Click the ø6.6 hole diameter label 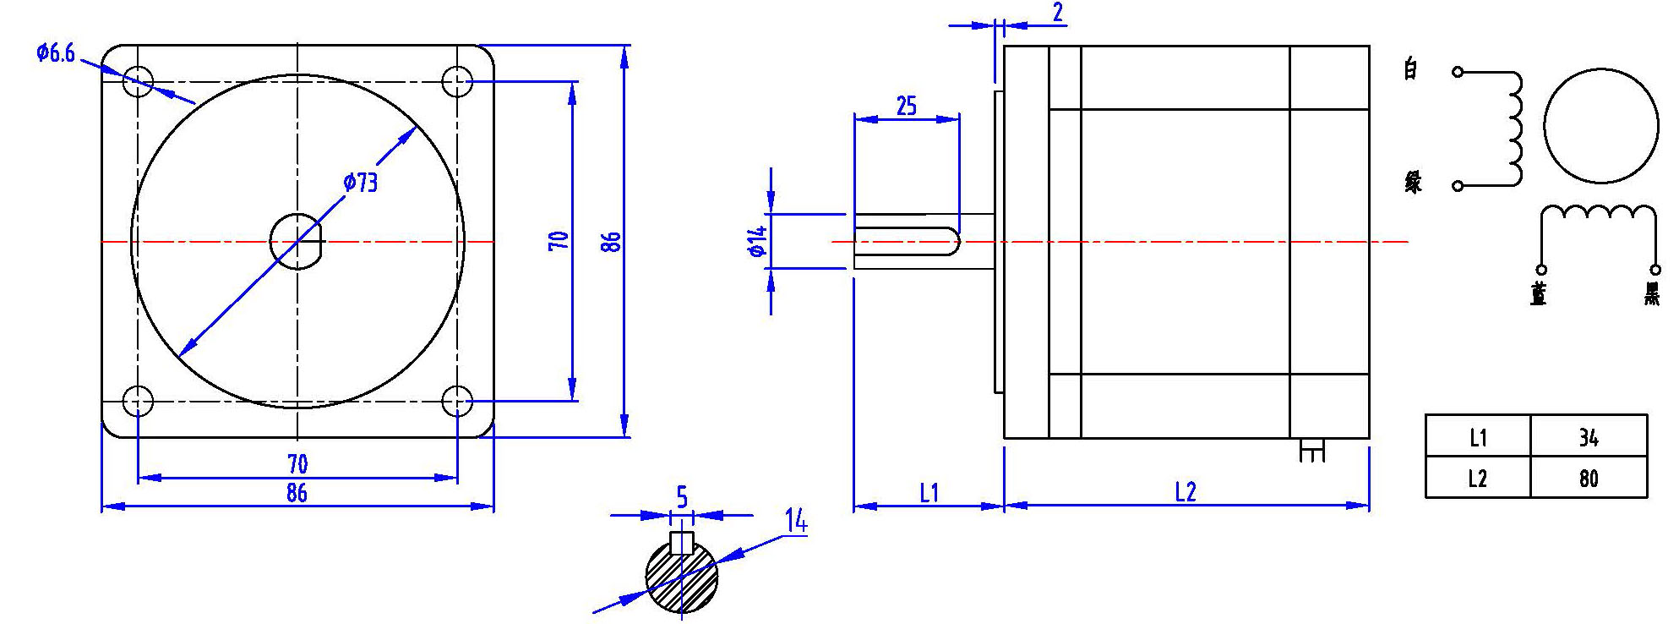56,53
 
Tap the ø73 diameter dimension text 361,182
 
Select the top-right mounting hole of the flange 457,82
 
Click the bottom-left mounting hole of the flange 138,401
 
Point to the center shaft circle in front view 297,242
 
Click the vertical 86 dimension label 612,242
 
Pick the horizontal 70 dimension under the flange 297,463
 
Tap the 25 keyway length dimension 906,106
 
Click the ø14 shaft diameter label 757,241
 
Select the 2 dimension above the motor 1057,12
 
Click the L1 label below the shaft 929,492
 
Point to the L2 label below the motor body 1186,492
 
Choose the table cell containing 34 1589,437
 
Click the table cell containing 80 1589,479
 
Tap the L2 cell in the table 1477,479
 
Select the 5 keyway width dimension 682,498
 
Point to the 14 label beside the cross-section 795,521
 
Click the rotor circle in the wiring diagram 1600,125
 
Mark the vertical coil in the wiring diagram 1515,129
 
